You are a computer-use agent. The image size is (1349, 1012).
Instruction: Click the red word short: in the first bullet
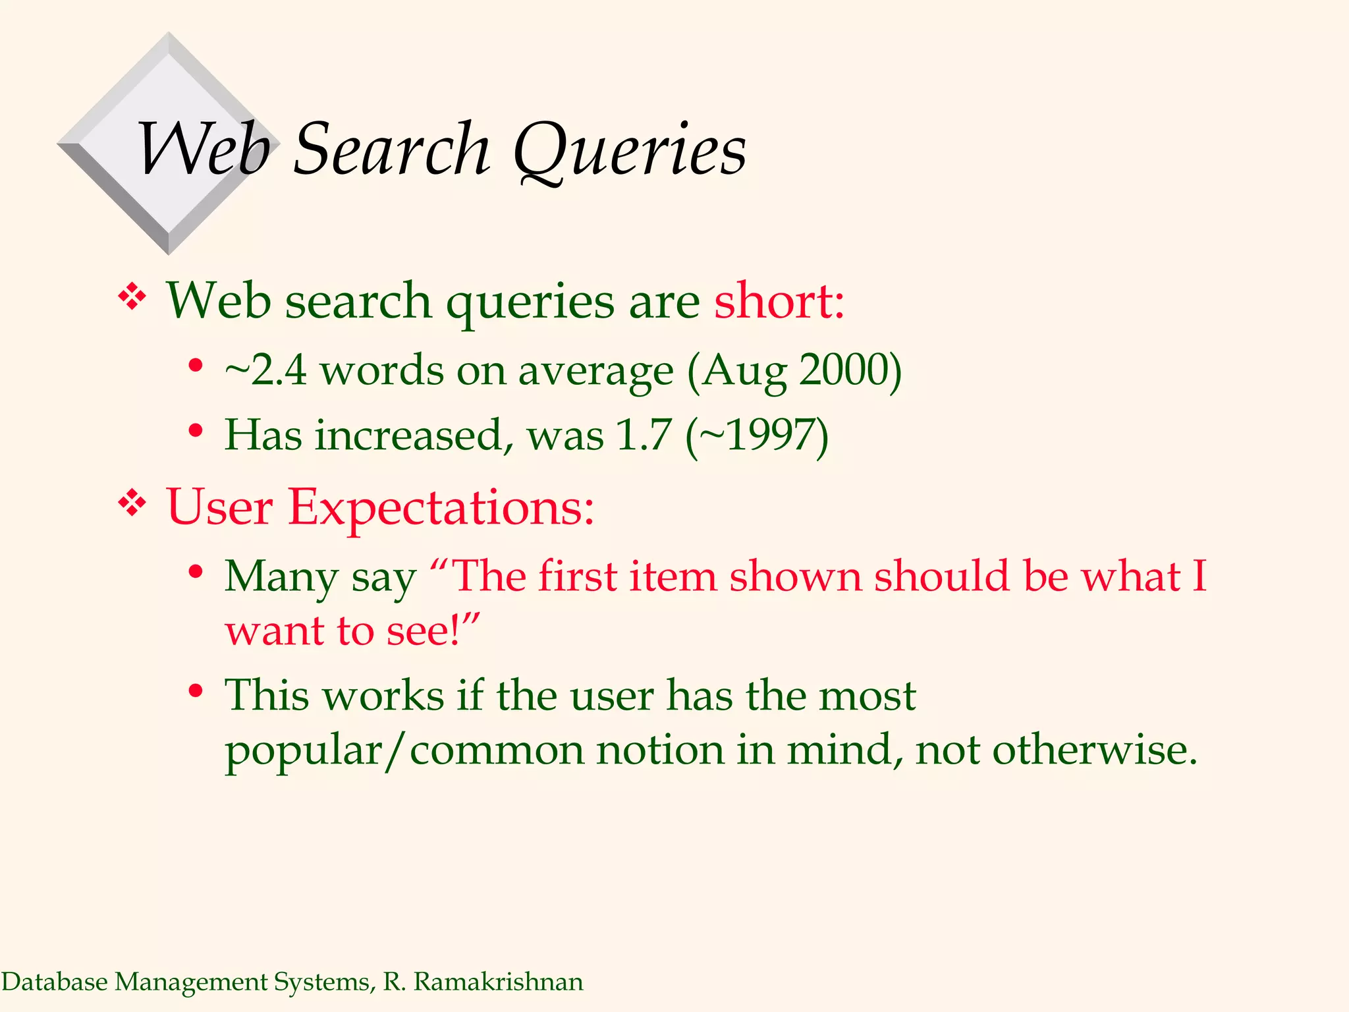[x=779, y=301]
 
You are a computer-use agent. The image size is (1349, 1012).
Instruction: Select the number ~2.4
[x=265, y=370]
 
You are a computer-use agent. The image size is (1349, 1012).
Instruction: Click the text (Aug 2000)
[x=794, y=371]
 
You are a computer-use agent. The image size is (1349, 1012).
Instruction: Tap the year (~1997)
[x=757, y=436]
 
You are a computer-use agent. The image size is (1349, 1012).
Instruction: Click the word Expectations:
[x=441, y=507]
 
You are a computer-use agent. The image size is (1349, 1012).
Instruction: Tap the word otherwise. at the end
[x=1094, y=750]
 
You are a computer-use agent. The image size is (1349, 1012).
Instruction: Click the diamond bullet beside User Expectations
[x=132, y=505]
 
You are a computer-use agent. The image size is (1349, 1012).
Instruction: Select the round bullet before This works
[x=195, y=691]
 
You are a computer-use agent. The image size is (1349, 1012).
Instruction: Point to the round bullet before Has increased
[x=195, y=431]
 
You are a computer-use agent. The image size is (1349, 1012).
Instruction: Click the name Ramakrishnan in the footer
[x=498, y=982]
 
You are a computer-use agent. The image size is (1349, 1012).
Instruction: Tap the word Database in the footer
[x=55, y=982]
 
